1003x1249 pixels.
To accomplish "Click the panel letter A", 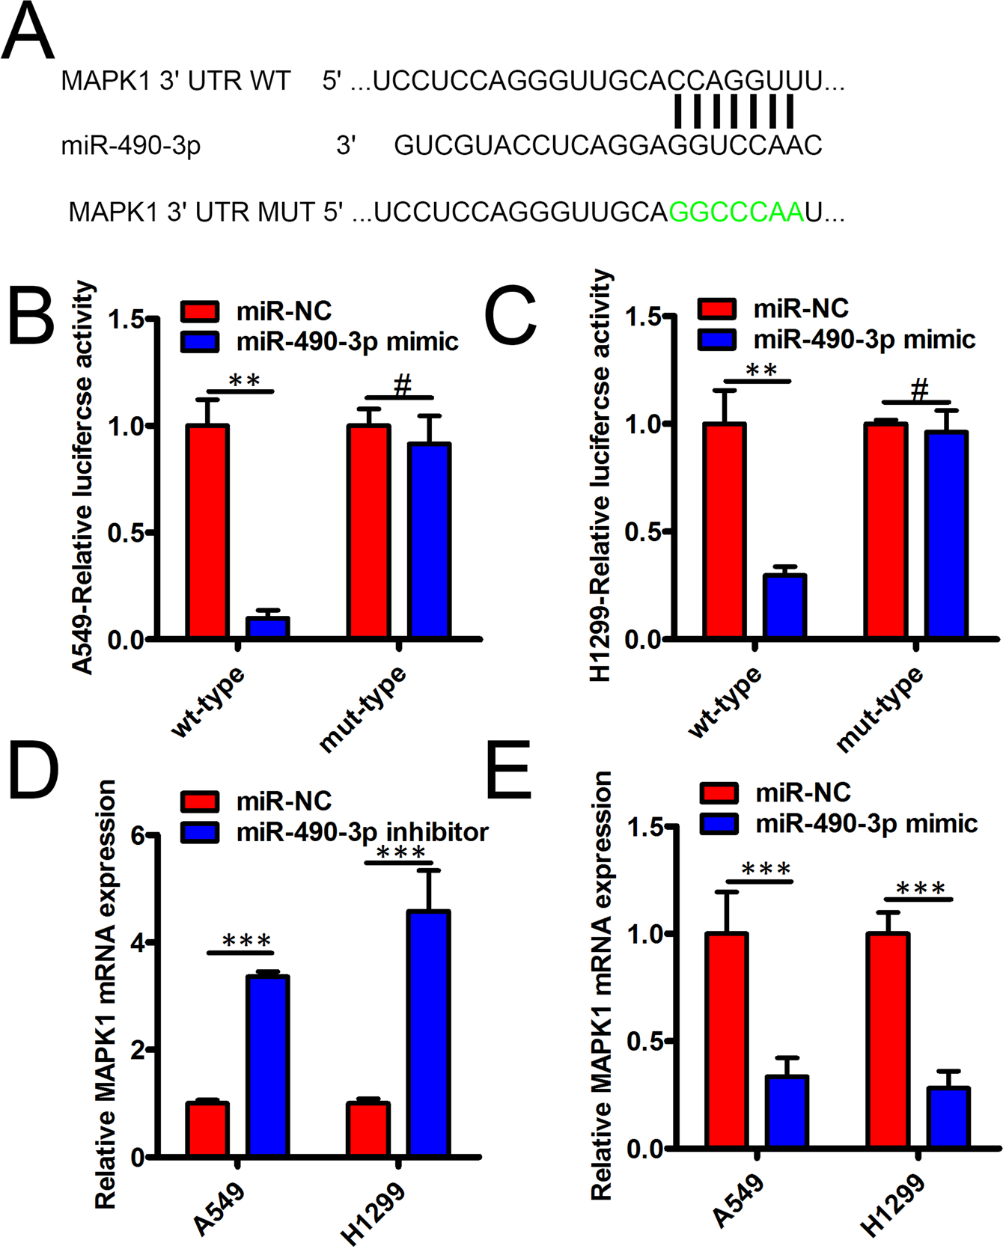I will point(28,31).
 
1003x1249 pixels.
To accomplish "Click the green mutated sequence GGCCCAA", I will point(736,213).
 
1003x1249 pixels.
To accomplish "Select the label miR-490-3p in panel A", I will point(131,145).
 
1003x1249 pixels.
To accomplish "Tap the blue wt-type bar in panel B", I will point(268,627).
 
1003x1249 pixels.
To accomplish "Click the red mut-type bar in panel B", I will point(368,531).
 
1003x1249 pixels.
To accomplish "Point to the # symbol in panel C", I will point(919,389).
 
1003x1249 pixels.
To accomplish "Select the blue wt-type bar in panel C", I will point(784,606).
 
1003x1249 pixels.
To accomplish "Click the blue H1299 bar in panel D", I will point(429,1033).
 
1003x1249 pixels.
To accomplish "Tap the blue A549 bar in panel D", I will point(268,1066).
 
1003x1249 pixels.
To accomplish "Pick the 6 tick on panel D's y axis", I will point(138,836).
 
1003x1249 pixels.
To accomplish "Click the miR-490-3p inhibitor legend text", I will point(362,832).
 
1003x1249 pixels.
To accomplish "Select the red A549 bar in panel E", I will point(726,1040).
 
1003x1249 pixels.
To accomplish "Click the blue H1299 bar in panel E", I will point(948,1118).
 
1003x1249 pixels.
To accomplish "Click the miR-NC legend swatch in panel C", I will point(717,309).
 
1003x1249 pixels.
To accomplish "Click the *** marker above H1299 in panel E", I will point(921,888).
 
